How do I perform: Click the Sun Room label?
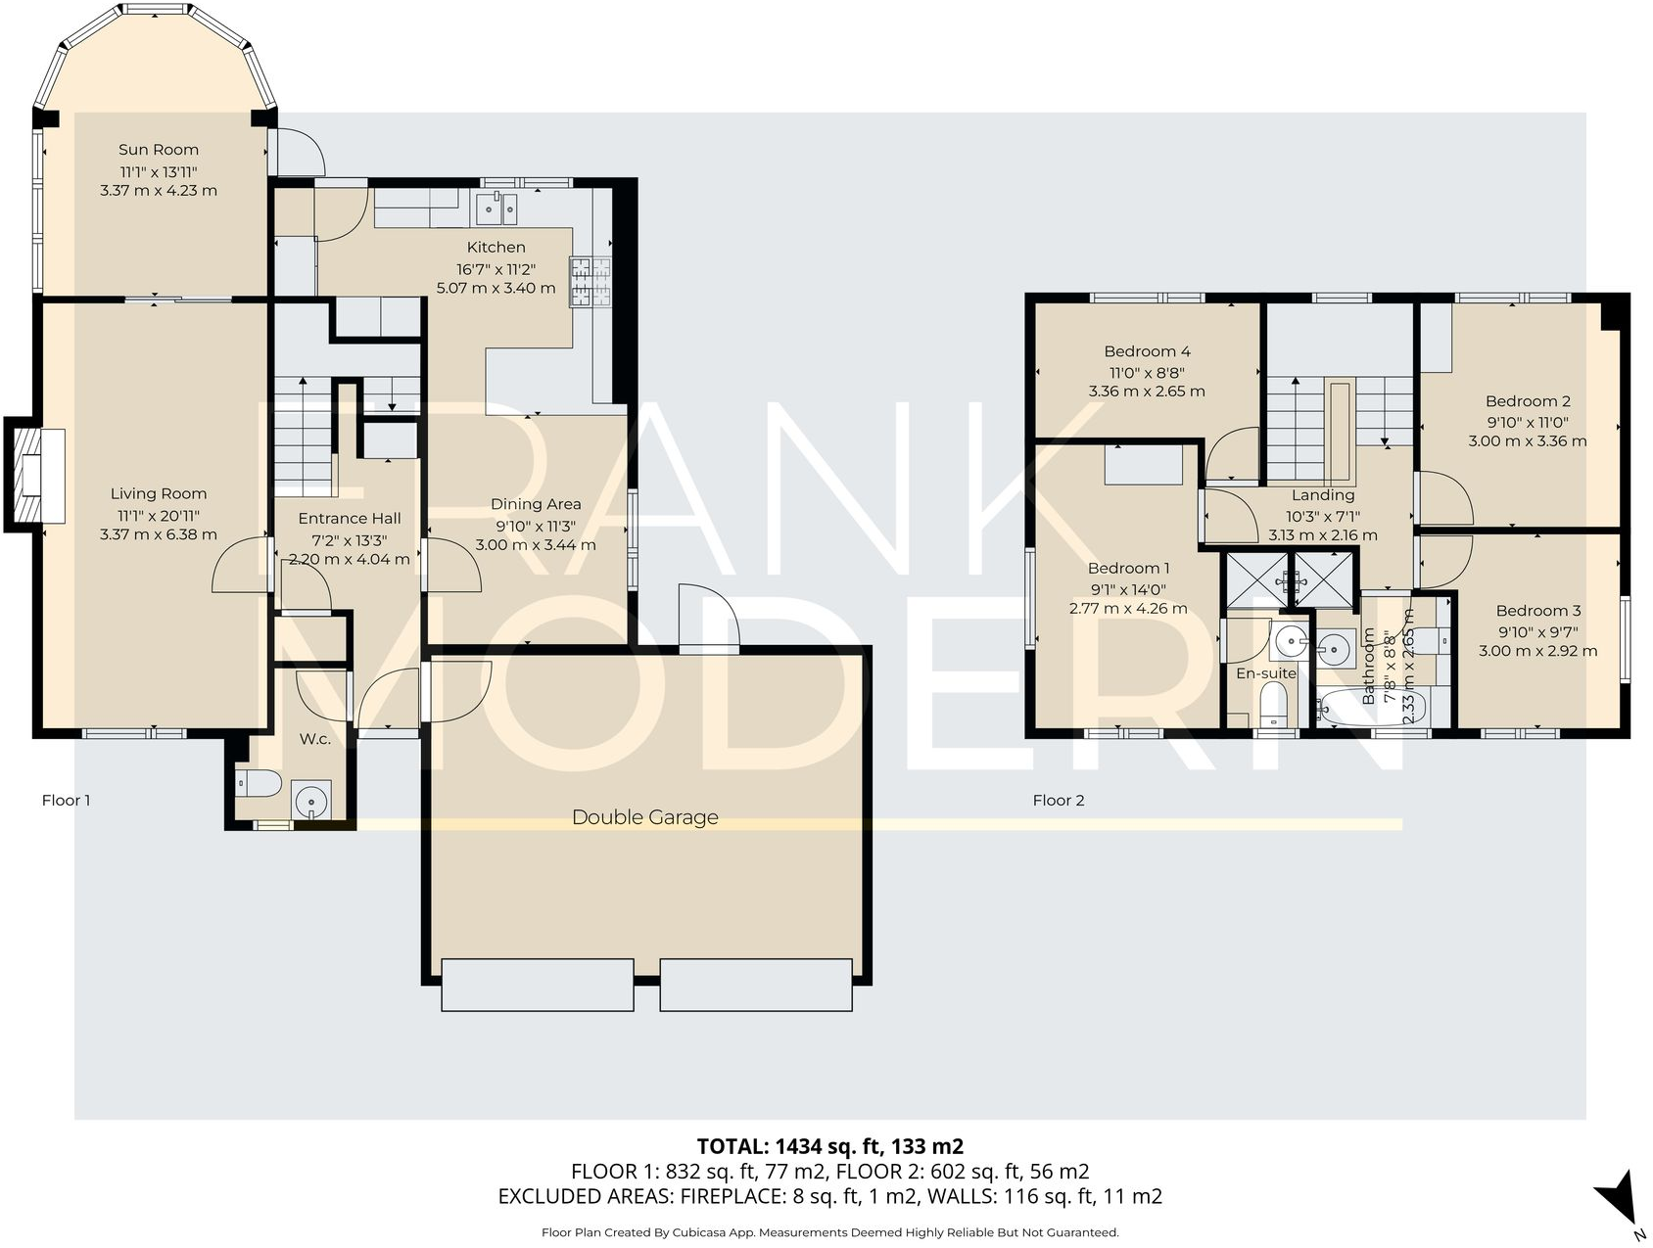click(159, 150)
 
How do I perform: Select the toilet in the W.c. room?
click(260, 783)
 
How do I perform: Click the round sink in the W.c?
click(311, 800)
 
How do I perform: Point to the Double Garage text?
click(644, 817)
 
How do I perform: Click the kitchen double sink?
click(496, 208)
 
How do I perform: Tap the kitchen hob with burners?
click(590, 282)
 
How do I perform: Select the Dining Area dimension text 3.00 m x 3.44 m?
click(536, 545)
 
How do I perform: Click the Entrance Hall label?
click(350, 519)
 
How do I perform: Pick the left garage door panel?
click(538, 984)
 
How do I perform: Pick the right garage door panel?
click(755, 984)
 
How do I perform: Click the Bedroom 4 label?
click(1147, 351)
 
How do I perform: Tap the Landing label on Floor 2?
click(1322, 495)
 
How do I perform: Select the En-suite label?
click(1265, 673)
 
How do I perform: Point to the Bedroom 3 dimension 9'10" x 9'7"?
click(1537, 631)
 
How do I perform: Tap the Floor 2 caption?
click(1058, 801)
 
